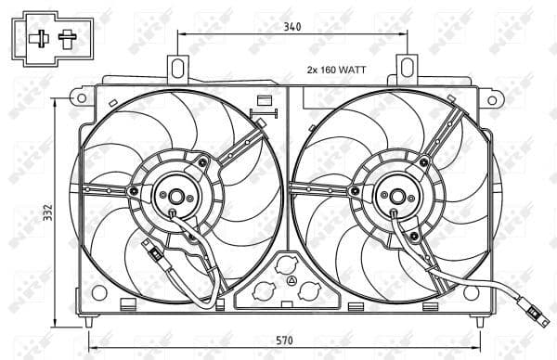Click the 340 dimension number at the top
(291, 27)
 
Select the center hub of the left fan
(175, 196)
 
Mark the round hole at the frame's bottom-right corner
(471, 292)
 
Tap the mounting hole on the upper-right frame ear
(494, 94)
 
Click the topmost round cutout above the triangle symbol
(291, 264)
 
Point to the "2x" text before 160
(313, 71)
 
